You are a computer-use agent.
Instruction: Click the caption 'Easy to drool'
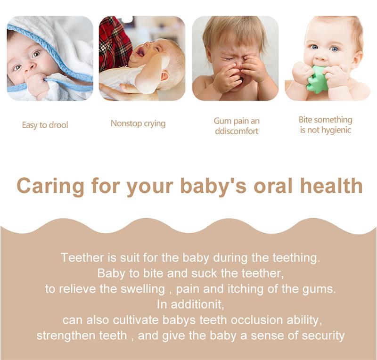click(45, 125)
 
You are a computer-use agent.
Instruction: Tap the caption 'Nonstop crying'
click(138, 123)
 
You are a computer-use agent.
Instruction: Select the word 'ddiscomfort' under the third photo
click(237, 131)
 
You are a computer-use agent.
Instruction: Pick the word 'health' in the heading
click(331, 185)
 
